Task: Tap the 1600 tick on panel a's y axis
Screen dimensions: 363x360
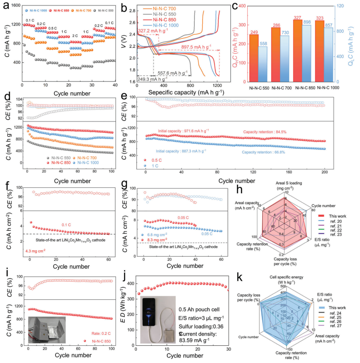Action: click(x=13, y=5)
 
